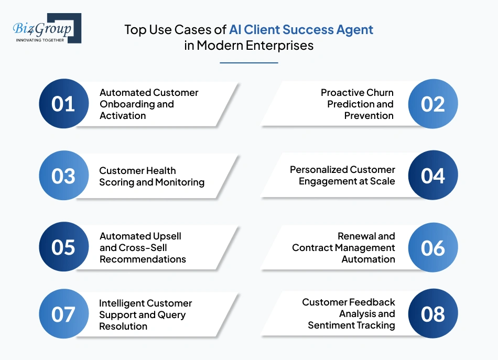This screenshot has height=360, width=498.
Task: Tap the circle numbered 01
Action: (63, 104)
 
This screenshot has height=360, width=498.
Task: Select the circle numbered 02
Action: (433, 104)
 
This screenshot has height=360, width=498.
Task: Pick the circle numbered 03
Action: (63, 176)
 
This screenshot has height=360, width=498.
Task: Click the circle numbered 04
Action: (433, 176)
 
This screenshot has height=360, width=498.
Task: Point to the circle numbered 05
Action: (63, 247)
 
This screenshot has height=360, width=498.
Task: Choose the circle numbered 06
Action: (433, 247)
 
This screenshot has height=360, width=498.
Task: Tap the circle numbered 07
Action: (63, 314)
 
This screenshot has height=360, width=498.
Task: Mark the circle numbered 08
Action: (433, 314)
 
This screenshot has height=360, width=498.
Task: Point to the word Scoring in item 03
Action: (116, 182)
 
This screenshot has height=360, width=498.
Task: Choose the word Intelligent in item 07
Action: (121, 303)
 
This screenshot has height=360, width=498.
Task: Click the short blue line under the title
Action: (248, 63)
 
